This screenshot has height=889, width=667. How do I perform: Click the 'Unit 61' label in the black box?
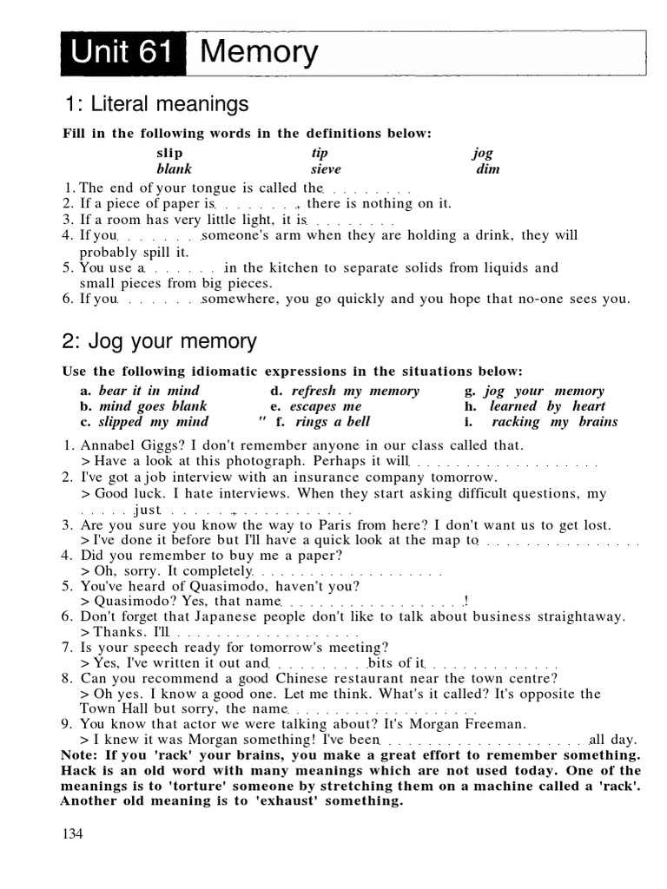122,53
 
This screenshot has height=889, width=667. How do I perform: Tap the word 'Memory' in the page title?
259,53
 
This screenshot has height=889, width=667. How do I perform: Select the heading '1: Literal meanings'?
156,105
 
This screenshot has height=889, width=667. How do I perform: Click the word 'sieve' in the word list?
326,169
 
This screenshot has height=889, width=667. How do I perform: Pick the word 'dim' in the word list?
487,169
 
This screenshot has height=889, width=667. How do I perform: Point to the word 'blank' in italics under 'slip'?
174,169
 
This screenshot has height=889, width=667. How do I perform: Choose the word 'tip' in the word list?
319,153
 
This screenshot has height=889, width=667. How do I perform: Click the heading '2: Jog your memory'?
159,341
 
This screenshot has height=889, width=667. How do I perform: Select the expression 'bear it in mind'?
149,391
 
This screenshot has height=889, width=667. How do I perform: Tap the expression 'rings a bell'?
333,422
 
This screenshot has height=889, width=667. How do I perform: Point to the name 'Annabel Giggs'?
125,445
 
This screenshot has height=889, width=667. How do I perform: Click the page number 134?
72,834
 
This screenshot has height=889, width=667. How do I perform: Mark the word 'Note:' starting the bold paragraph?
80,754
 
